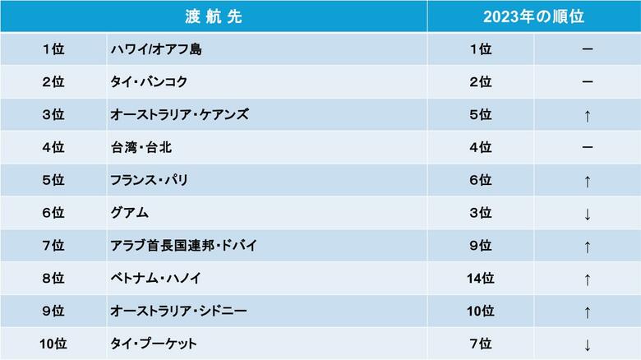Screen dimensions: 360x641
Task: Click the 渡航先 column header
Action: pos(214,16)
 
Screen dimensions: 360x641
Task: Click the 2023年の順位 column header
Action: pos(533,16)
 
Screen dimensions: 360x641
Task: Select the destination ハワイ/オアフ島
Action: pos(156,49)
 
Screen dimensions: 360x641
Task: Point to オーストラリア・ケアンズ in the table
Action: pos(179,115)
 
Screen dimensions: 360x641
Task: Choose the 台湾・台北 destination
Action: pos(141,148)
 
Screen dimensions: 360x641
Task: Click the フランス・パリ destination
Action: pos(148,180)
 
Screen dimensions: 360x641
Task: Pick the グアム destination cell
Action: pos(129,213)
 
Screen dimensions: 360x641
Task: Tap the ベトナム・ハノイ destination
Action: pos(155,279)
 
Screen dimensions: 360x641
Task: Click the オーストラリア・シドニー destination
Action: pos(178,312)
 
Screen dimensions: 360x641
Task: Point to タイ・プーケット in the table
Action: pos(154,344)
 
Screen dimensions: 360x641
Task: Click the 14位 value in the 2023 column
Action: pos(480,279)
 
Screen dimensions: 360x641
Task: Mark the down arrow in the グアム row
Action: pos(587,214)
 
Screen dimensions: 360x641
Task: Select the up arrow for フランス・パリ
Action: pos(587,181)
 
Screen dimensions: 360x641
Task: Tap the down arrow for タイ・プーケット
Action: pos(587,344)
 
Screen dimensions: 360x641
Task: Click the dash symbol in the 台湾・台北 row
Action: pos(587,148)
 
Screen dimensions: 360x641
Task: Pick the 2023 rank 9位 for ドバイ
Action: pos(480,246)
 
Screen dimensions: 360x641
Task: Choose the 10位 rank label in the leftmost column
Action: pos(53,344)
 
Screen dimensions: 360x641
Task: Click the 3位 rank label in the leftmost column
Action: pos(53,115)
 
